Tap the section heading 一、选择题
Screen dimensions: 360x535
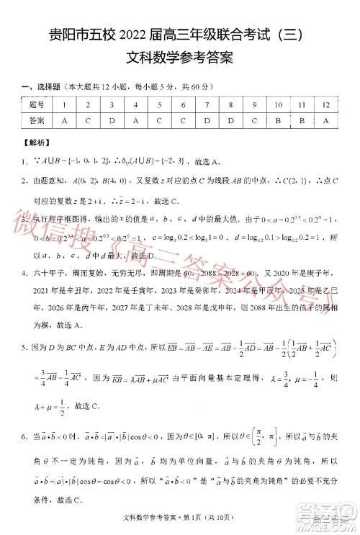[42, 88]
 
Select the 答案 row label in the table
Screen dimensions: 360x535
[37, 120]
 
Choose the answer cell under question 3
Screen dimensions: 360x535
[112, 120]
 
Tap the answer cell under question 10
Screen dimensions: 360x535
[278, 120]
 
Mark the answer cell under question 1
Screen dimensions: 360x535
[64, 120]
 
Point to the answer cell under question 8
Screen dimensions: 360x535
[230, 120]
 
